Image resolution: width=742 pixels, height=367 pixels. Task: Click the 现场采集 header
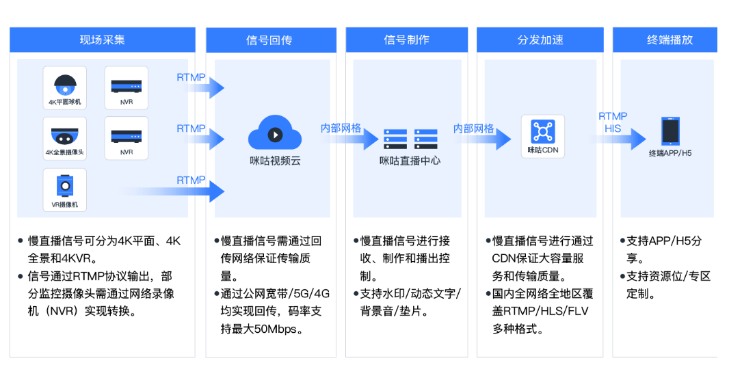(x=102, y=40)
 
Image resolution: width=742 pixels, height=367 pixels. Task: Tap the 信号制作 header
(x=406, y=40)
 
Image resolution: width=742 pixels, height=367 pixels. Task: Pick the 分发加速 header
(x=540, y=40)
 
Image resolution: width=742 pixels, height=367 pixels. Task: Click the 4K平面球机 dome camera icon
(x=65, y=85)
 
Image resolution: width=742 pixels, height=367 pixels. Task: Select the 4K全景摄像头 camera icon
(x=65, y=135)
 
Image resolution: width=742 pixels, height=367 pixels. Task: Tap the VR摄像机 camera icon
(x=65, y=185)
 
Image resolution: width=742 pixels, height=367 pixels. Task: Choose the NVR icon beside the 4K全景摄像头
(x=127, y=135)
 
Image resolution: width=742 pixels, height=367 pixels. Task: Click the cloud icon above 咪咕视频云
(x=274, y=133)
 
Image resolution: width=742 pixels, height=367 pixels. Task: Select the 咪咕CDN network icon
(x=543, y=131)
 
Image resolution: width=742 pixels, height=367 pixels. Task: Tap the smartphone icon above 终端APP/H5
(x=670, y=131)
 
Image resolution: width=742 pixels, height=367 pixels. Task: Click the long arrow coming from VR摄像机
(x=185, y=191)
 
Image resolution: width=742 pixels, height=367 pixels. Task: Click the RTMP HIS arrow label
(x=613, y=122)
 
